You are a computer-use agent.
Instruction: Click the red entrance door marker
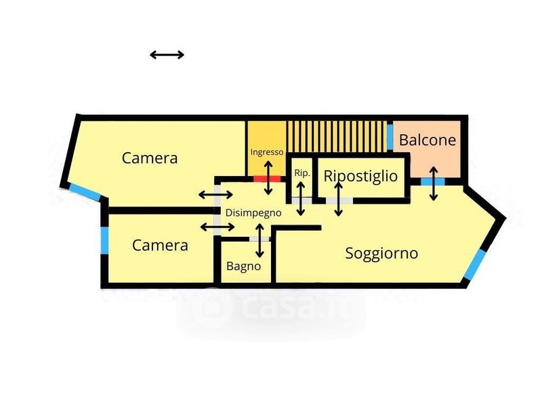[267, 179]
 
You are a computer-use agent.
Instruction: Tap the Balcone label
[428, 140]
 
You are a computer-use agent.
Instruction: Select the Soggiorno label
[381, 253]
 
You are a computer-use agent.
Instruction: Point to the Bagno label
[243, 266]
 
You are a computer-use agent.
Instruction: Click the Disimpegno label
[253, 213]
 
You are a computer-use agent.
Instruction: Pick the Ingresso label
[267, 152]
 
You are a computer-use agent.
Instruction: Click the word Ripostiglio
[360, 176]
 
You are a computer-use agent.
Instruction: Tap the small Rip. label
[301, 173]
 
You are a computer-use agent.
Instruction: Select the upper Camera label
[150, 158]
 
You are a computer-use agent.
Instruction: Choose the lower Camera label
[160, 246]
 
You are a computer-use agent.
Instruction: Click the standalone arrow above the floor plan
[167, 55]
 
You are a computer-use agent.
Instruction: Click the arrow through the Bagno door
[259, 241]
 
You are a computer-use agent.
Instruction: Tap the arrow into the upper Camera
[215, 195]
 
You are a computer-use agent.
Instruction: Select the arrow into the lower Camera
[217, 227]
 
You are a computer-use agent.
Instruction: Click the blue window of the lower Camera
[104, 240]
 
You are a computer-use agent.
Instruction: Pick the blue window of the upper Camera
[85, 191]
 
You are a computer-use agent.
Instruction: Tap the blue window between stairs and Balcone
[390, 137]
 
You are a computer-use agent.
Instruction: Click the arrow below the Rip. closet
[301, 199]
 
